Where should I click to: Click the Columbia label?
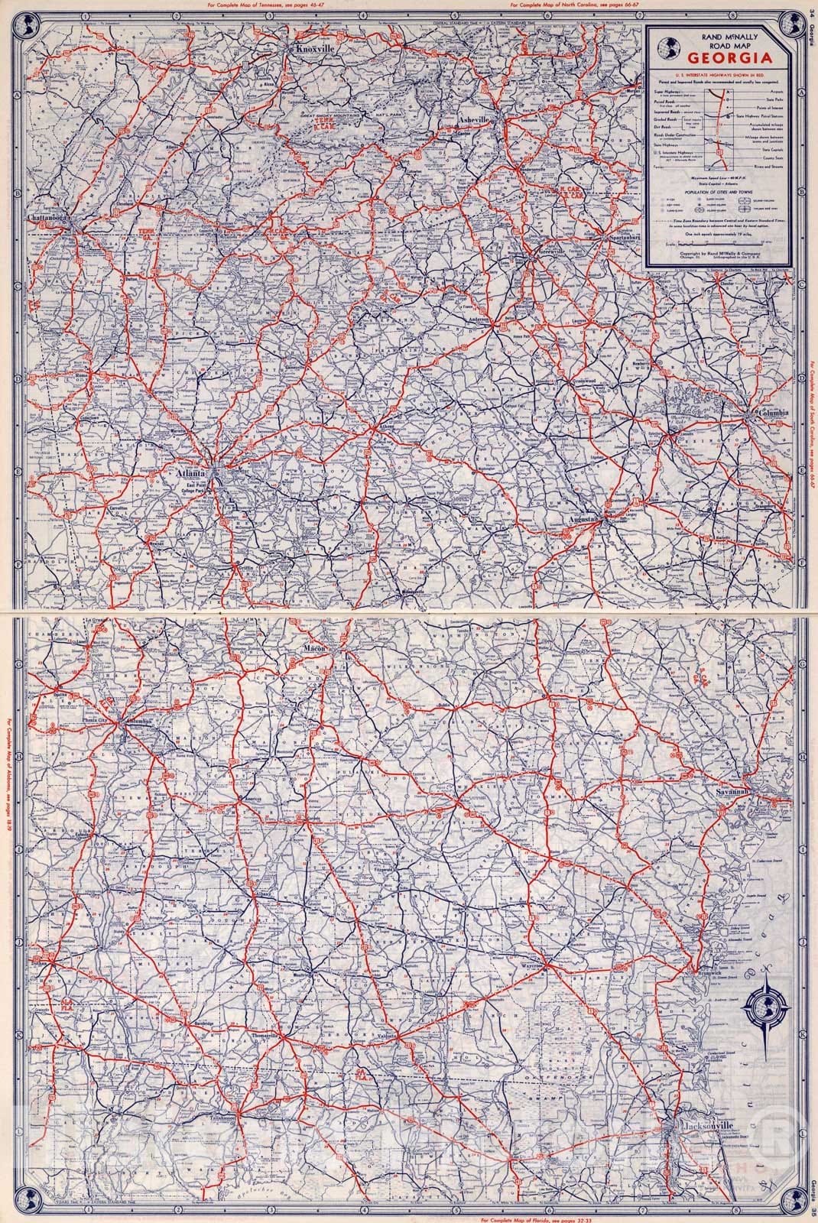click(x=774, y=414)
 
